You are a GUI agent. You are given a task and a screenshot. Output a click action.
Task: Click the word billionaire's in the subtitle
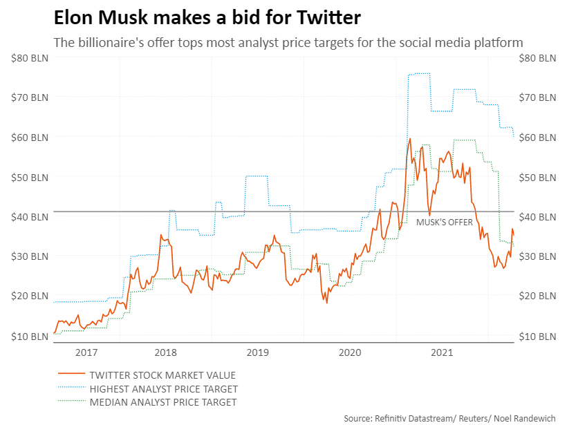click(x=111, y=43)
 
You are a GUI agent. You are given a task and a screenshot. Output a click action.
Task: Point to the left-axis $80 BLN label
click(x=30, y=58)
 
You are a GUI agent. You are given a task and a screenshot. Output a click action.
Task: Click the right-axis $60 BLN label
click(x=537, y=138)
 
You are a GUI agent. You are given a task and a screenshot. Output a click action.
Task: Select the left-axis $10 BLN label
click(x=30, y=337)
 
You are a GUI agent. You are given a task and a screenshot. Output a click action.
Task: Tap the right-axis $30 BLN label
click(x=537, y=256)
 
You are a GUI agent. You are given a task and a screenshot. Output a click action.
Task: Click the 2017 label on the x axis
click(x=86, y=353)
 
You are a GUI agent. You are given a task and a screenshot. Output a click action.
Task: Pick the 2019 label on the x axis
click(x=257, y=353)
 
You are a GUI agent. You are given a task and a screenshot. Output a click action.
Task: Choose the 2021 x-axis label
click(x=441, y=353)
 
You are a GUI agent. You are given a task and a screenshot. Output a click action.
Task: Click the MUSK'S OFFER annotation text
click(x=445, y=222)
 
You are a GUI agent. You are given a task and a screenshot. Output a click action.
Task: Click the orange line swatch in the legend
click(x=70, y=375)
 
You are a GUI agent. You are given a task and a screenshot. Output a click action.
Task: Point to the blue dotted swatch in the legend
click(x=70, y=389)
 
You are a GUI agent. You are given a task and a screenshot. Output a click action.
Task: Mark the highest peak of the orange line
click(x=410, y=139)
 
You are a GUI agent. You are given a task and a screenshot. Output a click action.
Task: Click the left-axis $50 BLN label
click(x=30, y=178)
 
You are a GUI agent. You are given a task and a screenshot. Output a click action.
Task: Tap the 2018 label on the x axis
click(x=165, y=353)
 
